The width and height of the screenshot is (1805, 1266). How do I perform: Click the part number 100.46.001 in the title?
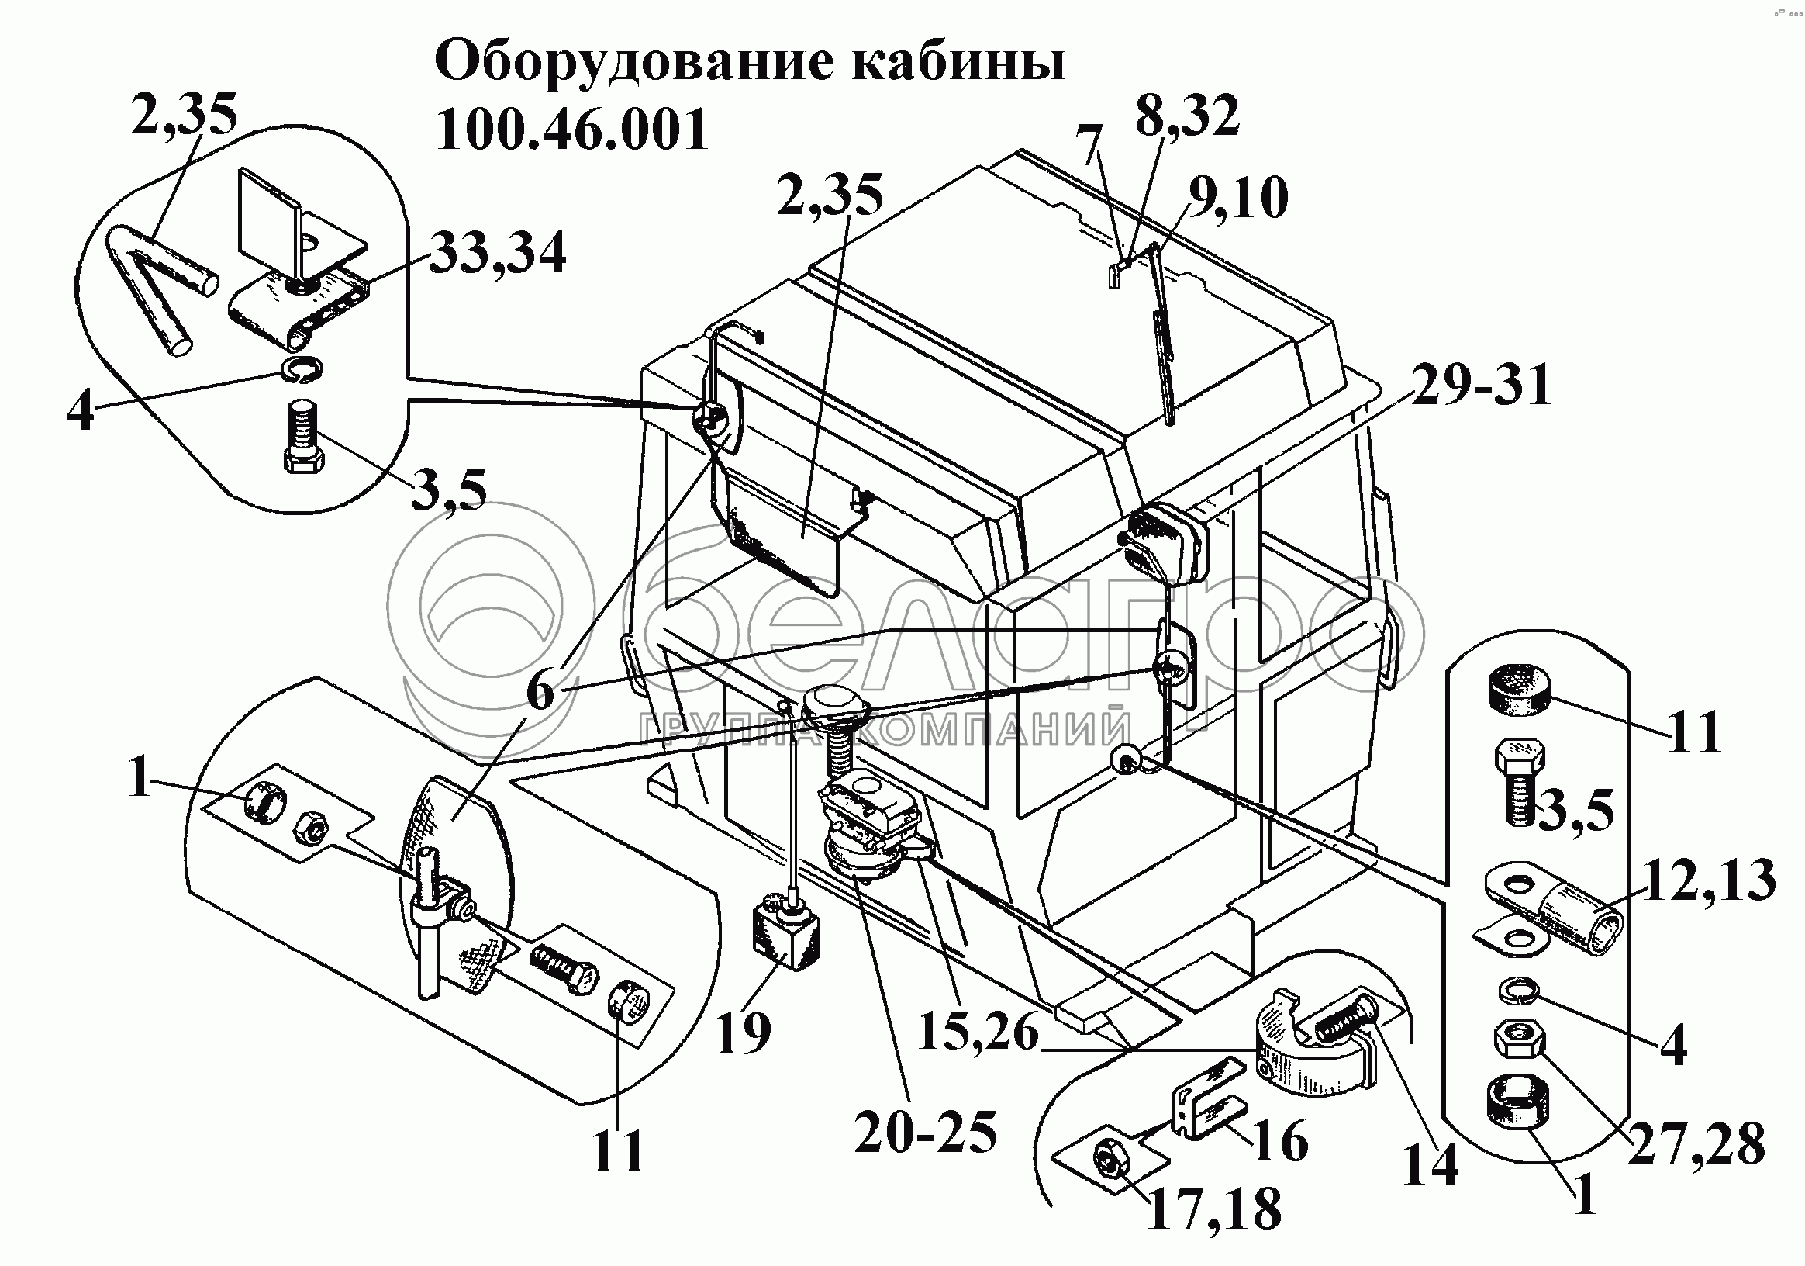pyautogui.click(x=571, y=130)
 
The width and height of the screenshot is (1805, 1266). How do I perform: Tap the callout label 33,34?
pyautogui.click(x=499, y=253)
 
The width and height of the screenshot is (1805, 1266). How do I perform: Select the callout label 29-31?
pyautogui.click(x=1481, y=386)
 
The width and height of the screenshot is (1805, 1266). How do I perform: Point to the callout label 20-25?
pyautogui.click(x=925, y=1133)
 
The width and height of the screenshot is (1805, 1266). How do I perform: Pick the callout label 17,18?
pyautogui.click(x=1214, y=1209)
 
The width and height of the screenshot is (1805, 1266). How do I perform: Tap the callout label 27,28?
pyautogui.click(x=1696, y=1144)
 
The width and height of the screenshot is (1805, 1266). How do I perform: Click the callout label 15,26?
pyautogui.click(x=978, y=1031)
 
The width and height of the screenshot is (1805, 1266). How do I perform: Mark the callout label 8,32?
pyautogui.click(x=1187, y=116)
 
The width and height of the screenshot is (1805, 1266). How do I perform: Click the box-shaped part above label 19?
pyautogui.click(x=786, y=932)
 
